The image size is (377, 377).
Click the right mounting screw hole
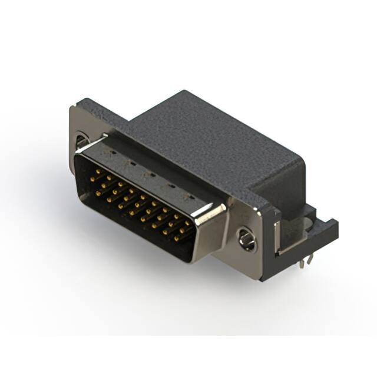tap(246, 238)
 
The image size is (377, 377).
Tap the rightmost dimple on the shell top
tap(190, 196)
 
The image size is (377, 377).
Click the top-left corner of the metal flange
tap(72, 107)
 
